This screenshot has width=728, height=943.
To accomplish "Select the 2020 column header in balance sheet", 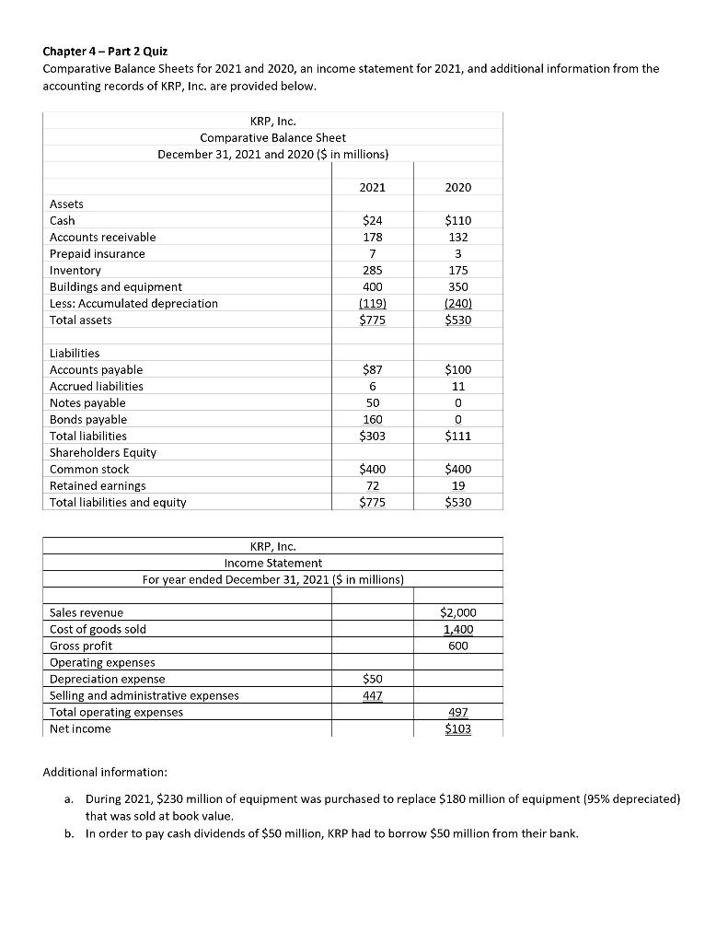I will point(457,187).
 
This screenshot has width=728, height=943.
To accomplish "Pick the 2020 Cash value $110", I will point(457,221).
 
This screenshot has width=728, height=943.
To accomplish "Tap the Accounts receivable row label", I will point(102,238).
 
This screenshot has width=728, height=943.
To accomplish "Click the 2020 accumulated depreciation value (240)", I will point(457,303).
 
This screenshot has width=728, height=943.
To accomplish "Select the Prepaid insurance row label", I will point(97,254).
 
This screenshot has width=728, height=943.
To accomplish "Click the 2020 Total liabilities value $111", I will point(457,437).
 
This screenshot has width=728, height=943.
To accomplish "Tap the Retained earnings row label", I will point(97,486).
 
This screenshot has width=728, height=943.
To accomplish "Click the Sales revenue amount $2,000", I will point(457,612).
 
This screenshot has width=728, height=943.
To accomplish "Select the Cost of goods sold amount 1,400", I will point(457,629).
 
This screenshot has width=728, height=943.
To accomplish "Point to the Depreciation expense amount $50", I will point(372,679).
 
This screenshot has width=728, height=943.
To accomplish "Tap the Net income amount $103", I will point(457,728).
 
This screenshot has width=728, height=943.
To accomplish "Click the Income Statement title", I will point(273,563).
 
